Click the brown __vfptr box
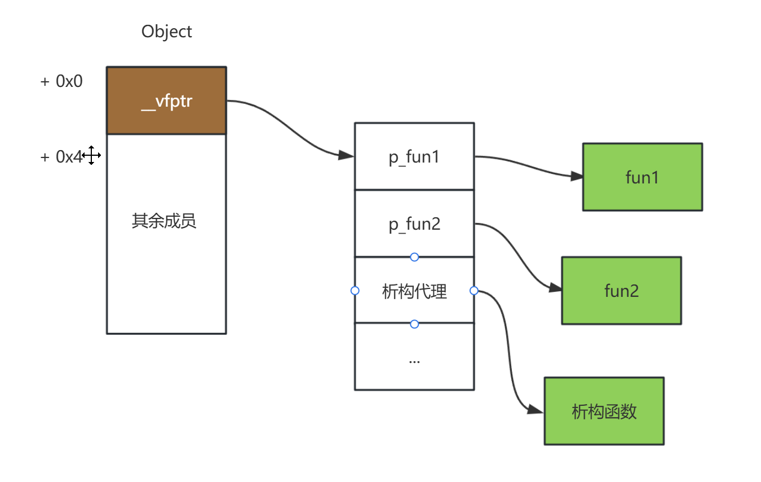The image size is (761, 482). tap(166, 100)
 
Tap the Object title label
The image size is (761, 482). tap(166, 32)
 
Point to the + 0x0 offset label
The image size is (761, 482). tap(61, 81)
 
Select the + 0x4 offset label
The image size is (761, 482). tap(61, 157)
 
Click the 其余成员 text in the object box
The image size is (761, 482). tap(164, 221)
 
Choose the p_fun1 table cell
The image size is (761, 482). tap(414, 156)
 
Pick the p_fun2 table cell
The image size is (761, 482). tap(414, 224)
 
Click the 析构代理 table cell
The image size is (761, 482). tap(414, 291)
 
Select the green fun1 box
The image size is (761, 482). tap(642, 177)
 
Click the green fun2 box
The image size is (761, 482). tap(621, 291)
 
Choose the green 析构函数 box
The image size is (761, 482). tap(604, 411)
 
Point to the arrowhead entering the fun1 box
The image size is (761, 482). tap(577, 176)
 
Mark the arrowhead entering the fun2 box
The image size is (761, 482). tap(556, 288)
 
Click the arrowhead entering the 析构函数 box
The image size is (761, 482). tap(537, 410)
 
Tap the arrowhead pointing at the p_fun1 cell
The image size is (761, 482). tap(346, 155)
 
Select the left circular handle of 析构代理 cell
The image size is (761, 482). tap(355, 291)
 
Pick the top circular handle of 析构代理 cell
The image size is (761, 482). tap(414, 257)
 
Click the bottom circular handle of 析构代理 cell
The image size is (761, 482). tap(414, 324)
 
